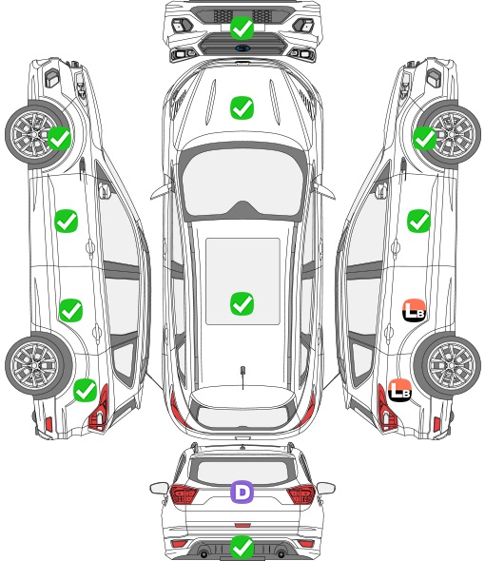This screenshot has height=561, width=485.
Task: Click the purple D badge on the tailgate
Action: (242, 492)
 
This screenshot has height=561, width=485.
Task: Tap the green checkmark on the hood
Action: (242, 107)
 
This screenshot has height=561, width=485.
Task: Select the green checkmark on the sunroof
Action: (242, 303)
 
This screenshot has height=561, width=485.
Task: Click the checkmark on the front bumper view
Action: (242, 28)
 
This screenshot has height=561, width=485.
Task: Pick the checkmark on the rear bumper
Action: (242, 547)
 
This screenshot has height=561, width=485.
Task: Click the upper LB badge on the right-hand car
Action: (414, 310)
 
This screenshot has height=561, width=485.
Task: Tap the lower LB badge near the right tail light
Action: (399, 390)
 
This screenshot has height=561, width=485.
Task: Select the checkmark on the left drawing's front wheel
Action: (59, 139)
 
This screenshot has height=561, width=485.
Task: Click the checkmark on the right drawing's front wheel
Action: (424, 139)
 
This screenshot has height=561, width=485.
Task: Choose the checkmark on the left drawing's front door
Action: (67, 222)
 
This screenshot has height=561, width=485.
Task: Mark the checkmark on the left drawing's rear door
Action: (71, 310)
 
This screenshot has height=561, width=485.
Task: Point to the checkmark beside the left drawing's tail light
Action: (86, 390)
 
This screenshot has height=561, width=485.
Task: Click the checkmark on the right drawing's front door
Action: (418, 222)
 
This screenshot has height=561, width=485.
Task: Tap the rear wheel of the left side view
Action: (37, 366)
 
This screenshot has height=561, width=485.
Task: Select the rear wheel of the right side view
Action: (448, 366)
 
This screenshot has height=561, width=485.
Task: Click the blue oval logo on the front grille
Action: (242, 48)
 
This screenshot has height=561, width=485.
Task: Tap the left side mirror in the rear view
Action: (159, 488)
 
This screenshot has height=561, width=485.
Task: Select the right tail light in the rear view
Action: (301, 494)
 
